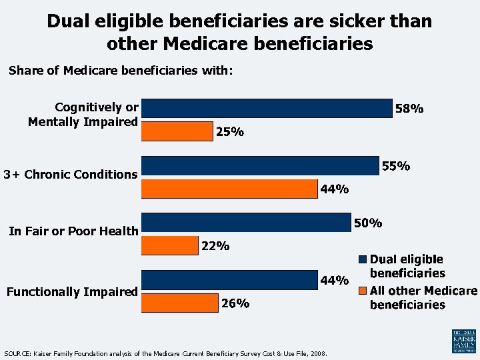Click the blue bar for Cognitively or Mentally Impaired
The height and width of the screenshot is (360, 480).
tap(267, 108)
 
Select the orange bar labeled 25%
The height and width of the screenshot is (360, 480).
tap(177, 132)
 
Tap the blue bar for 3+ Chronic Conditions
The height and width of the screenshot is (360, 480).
tap(260, 165)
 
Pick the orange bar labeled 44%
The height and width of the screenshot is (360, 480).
tap(229, 189)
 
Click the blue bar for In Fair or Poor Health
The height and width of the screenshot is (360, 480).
tap(247, 223)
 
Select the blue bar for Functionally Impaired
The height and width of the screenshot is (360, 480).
tap(229, 280)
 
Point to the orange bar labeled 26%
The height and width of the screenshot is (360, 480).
tap(179, 304)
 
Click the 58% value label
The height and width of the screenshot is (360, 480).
tap(409, 109)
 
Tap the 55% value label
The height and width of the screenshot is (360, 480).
tap(395, 166)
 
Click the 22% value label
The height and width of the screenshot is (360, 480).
tap(215, 247)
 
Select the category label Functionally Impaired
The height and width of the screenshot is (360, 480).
tap(72, 291)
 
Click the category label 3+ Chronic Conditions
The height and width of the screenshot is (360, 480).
tap(70, 175)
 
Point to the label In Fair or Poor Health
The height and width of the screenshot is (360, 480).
tap(73, 231)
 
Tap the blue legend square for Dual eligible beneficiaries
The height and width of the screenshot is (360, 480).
tap(363, 259)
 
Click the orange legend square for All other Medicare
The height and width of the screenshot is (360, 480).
tap(363, 291)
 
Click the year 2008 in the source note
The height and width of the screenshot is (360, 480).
tap(318, 353)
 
